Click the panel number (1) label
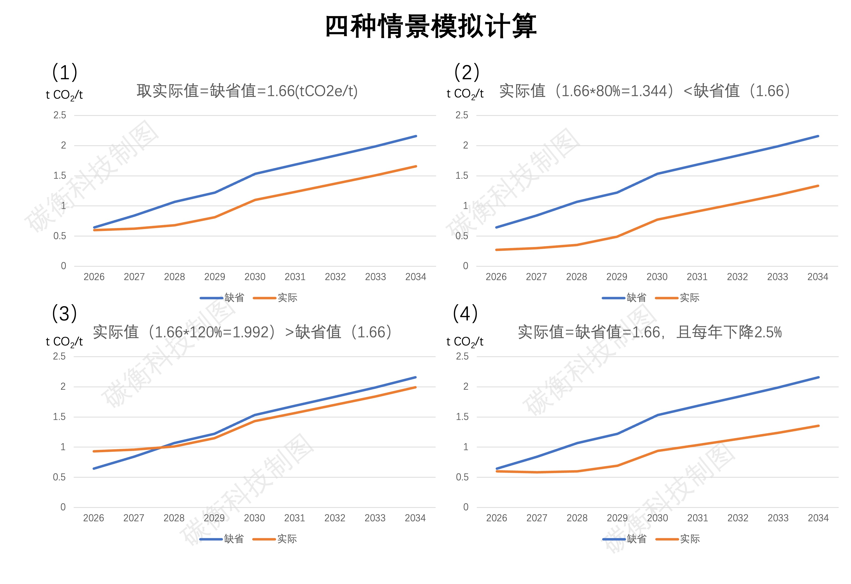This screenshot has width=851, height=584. click(65, 72)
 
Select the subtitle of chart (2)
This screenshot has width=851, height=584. click(645, 91)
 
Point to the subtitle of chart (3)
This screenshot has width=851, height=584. click(242, 332)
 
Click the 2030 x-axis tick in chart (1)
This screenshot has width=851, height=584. click(255, 277)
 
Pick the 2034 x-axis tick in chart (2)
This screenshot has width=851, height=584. click(818, 277)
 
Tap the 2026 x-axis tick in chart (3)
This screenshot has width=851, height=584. click(94, 518)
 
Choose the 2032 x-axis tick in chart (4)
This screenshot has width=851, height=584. click(738, 518)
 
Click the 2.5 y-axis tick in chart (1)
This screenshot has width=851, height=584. click(60, 115)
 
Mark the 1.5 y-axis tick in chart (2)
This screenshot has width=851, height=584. click(462, 176)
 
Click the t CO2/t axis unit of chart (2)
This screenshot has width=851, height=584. click(465, 94)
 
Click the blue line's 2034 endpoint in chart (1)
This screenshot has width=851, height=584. click(416, 136)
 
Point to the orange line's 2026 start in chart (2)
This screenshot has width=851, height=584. click(497, 250)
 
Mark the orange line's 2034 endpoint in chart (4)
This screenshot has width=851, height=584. click(818, 426)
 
